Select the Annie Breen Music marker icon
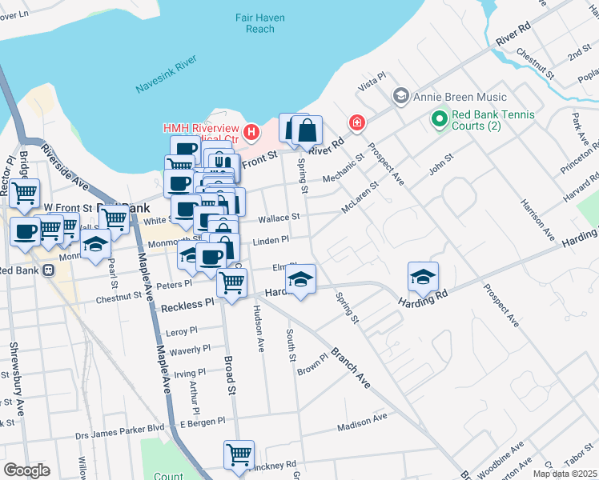pyautogui.click(x=400, y=97)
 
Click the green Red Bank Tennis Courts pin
pyautogui.click(x=439, y=120)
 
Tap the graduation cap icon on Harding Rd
pyautogui.click(x=423, y=277)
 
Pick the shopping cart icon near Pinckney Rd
pyautogui.click(x=239, y=454)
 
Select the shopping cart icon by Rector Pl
pyautogui.click(x=25, y=192)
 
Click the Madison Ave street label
pyautogui.click(x=362, y=421)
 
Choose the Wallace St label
pyautogui.click(x=279, y=217)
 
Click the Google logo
pyautogui.click(x=26, y=470)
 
